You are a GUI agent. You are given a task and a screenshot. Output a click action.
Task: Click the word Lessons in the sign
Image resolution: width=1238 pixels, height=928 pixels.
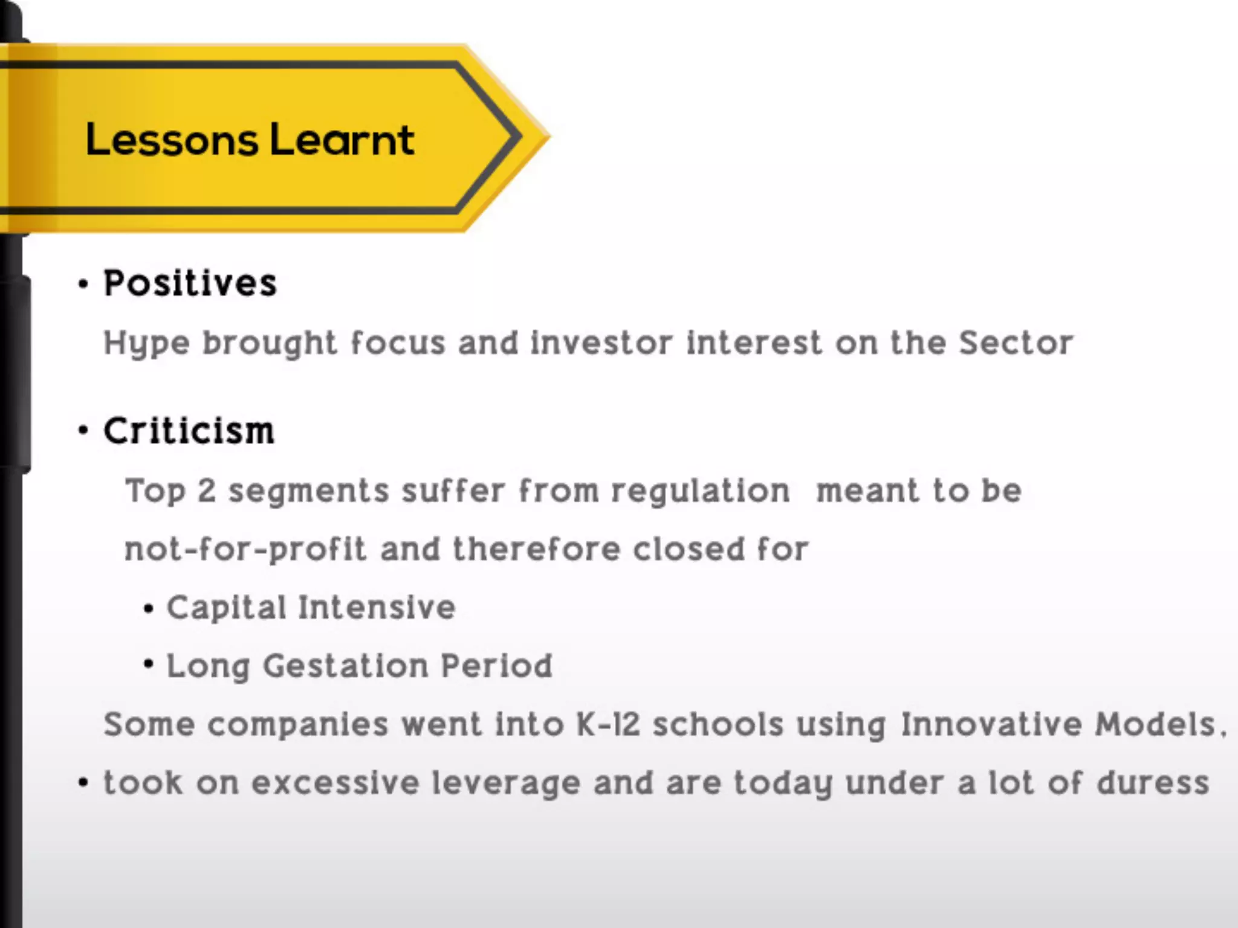[172, 140]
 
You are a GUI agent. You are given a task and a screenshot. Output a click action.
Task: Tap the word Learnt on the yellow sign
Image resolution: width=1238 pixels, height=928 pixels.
[342, 140]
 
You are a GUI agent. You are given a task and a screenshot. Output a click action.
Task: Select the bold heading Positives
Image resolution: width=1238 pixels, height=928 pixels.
[190, 283]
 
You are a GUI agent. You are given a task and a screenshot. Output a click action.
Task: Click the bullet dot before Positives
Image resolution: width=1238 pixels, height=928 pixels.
[83, 284]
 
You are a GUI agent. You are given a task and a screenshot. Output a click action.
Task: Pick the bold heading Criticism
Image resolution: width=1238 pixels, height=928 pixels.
[189, 431]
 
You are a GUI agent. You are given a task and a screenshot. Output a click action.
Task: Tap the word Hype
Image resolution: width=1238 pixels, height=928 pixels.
[147, 344]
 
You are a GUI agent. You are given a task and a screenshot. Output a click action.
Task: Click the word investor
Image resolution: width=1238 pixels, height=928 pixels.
[601, 343]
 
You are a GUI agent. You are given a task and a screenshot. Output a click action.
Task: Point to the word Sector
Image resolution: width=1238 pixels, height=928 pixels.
[1016, 343]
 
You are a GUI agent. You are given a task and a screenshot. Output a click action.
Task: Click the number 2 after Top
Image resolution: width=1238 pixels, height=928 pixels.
[207, 491]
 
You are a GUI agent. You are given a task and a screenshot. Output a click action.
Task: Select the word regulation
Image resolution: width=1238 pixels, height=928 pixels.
[700, 491]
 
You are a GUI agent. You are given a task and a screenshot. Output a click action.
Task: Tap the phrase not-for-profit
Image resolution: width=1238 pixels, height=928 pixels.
[245, 550]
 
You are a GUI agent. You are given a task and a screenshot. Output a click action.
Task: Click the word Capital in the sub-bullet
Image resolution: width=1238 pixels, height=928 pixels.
[226, 608]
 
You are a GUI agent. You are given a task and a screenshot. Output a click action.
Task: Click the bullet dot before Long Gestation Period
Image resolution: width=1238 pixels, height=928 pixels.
[149, 665]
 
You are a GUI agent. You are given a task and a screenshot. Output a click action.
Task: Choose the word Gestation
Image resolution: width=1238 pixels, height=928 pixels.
[345, 666]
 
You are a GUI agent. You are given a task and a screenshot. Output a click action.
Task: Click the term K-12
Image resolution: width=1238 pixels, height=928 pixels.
[608, 724]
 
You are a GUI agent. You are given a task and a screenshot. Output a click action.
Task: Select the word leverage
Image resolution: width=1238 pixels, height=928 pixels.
[506, 783]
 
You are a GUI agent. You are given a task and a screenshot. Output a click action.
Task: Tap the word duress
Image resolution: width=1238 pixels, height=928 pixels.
[1153, 783]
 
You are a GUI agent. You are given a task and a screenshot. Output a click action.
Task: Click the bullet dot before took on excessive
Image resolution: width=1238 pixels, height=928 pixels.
[83, 783]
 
